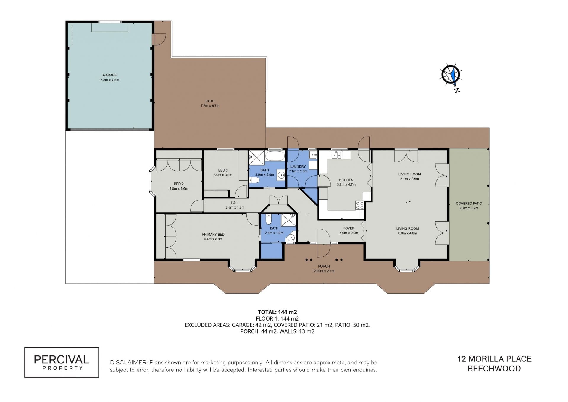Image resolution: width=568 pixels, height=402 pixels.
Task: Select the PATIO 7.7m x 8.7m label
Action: pyautogui.click(x=210, y=103)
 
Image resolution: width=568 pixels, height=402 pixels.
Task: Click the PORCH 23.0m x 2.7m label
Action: pyautogui.click(x=324, y=268)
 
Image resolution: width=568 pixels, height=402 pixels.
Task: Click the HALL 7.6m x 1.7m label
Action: pyautogui.click(x=235, y=205)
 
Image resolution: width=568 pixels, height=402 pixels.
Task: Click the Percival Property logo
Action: pyautogui.click(x=62, y=362)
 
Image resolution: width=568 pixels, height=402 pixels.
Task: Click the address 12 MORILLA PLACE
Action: pyautogui.click(x=494, y=359)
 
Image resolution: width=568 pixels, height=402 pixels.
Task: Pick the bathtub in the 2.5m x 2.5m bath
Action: pyautogui.click(x=275, y=156)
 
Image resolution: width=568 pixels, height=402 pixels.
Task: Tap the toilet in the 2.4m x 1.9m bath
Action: pyautogui.click(x=269, y=219)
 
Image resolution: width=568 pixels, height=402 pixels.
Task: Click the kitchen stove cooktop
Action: pyautogui.click(x=360, y=205)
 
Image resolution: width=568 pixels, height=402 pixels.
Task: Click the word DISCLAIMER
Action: pyautogui.click(x=128, y=362)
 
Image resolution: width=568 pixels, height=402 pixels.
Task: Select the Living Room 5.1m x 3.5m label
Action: pyautogui.click(x=409, y=177)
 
